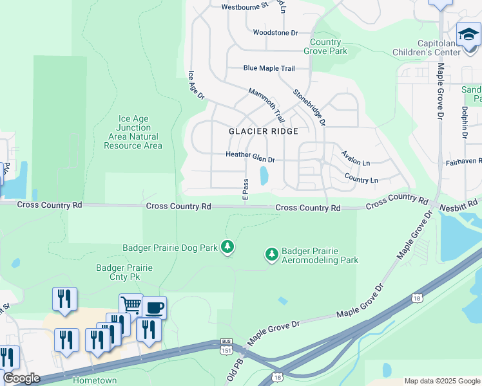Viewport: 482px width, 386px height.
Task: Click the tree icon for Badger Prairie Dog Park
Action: click(227, 246)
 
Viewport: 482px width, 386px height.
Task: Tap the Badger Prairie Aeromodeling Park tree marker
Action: click(272, 255)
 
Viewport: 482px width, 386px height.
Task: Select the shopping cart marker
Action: click(131, 304)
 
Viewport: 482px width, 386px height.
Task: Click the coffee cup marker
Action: click(154, 308)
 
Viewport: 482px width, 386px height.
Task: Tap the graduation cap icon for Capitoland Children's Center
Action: click(468, 33)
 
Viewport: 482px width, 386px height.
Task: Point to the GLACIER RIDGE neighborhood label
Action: click(264, 131)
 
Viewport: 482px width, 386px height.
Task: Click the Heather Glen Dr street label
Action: click(250, 155)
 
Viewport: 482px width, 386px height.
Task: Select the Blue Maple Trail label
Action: click(269, 68)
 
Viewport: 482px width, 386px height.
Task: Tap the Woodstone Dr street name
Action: click(275, 32)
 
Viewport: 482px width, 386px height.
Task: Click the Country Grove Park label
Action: click(325, 47)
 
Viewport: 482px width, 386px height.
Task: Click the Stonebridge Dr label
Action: click(310, 107)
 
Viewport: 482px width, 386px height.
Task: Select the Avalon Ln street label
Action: click(356, 158)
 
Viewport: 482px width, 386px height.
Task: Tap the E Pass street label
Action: click(246, 187)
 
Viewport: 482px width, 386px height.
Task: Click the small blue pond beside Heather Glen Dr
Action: click(264, 176)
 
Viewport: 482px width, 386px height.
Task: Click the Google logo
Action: click(21, 378)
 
